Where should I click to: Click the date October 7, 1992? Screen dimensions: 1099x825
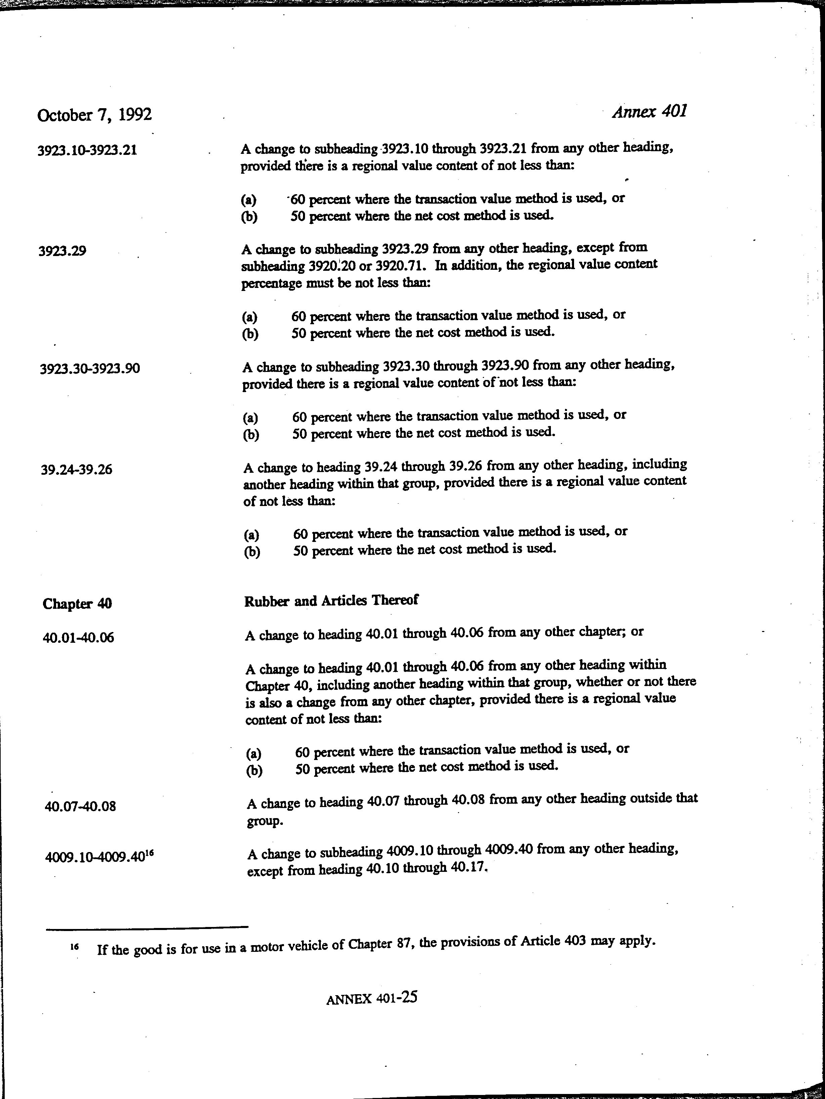[94, 115]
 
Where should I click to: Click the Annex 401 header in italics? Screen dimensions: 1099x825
[650, 111]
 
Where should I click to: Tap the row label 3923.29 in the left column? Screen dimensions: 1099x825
[62, 251]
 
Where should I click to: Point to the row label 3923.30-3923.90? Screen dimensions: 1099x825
[90, 369]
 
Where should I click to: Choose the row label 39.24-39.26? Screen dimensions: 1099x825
[77, 469]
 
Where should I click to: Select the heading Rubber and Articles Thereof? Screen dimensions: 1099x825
[331, 601]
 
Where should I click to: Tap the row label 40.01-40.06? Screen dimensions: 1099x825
[79, 637]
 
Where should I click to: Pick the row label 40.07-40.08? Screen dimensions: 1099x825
[81, 806]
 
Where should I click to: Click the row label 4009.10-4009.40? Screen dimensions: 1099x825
[94, 858]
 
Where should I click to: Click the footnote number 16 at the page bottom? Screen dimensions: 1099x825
[75, 947]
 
